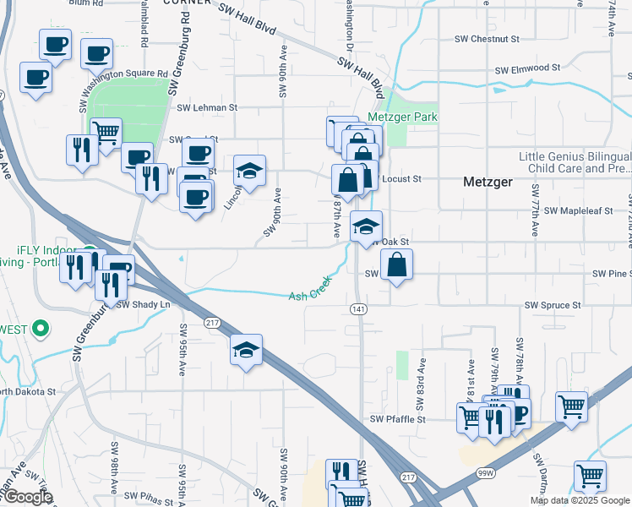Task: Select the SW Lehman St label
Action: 208,108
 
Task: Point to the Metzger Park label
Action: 402,117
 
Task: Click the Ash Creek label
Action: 308,295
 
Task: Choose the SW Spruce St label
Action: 553,304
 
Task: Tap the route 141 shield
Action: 358,309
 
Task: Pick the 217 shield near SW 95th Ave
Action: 212,322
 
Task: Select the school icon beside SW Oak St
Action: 366,226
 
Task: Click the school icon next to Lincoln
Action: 249,171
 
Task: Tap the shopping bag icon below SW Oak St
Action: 396,266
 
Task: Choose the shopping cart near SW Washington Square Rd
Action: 106,133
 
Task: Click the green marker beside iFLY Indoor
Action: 87,252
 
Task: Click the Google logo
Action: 27,497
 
